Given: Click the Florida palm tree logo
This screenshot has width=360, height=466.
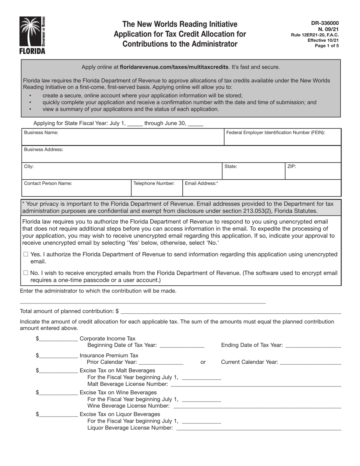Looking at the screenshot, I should coord(32,35).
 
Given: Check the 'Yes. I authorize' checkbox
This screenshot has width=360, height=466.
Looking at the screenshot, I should coord(26,254).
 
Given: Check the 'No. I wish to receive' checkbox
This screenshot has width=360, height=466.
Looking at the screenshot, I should coord(26,273).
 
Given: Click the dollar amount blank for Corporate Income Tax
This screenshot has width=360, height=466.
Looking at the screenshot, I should coord(58,339).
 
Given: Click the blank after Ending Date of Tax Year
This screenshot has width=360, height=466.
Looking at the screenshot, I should coord(313,346).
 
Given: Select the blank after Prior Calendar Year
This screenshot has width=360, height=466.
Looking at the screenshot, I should coord(162,363).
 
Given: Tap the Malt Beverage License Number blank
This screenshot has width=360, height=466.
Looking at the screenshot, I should coord(256,385).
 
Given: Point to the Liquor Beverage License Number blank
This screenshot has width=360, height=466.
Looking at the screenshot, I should coord(259,428).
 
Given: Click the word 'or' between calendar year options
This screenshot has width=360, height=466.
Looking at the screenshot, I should coord(203,362).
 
